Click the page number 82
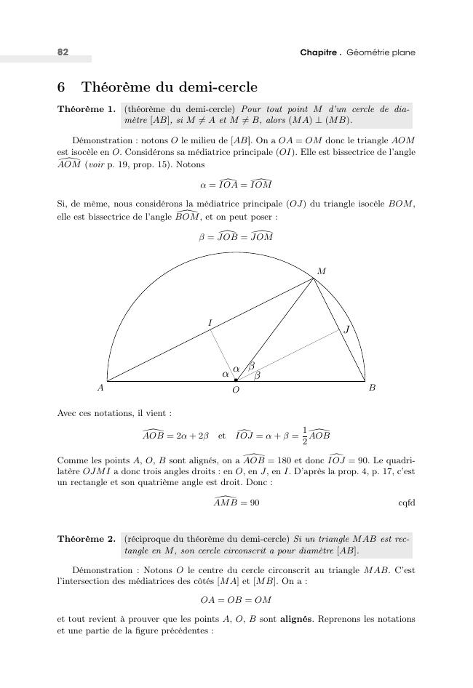(63, 52)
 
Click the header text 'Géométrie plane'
(381, 52)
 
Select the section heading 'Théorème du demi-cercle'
(169, 88)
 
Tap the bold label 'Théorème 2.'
(86, 540)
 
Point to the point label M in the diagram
(322, 271)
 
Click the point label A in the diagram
(100, 388)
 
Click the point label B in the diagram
(372, 388)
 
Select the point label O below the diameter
(236, 391)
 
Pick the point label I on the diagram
(210, 322)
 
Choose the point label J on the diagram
(347, 329)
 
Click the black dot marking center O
(236, 380)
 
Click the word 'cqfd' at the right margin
(406, 503)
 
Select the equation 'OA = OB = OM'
(236, 600)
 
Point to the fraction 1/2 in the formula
(303, 435)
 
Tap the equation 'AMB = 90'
(236, 502)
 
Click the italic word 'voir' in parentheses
(95, 165)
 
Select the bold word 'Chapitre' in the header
(319, 52)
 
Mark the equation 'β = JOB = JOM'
(236, 236)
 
